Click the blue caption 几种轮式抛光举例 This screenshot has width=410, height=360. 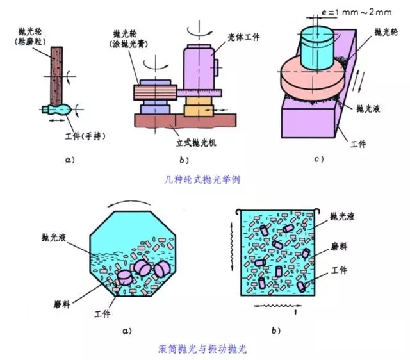pos(204,180)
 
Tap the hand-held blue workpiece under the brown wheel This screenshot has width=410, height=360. pos(54,110)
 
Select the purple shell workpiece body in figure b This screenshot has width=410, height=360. pos(201,67)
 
